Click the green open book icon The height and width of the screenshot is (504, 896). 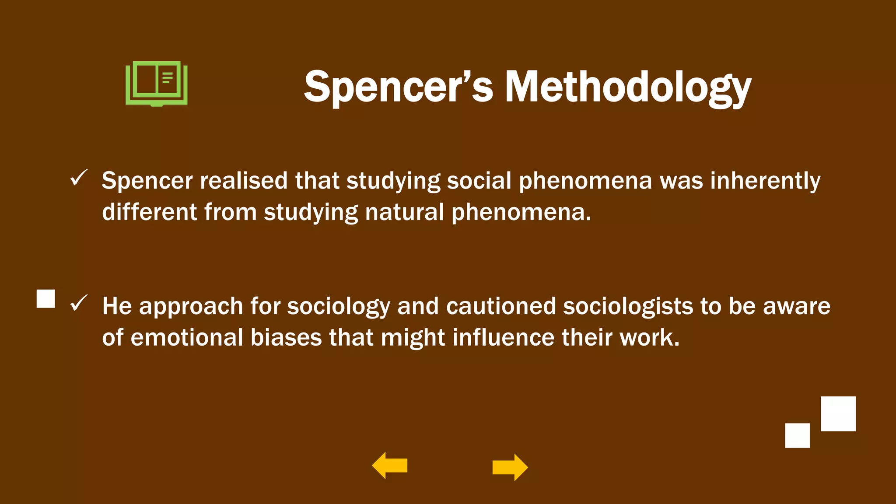(157, 84)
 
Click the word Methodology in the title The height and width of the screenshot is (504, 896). (628, 87)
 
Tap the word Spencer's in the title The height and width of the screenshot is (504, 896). (399, 87)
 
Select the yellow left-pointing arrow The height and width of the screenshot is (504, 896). (389, 465)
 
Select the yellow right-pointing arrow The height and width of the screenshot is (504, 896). (510, 467)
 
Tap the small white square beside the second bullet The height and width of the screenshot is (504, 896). (46, 299)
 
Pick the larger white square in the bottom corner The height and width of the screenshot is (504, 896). (838, 414)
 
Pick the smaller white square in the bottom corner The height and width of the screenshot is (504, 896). (797, 435)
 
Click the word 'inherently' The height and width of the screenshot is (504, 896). (765, 181)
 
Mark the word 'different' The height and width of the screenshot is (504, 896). (149, 212)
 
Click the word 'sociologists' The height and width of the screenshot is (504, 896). (628, 306)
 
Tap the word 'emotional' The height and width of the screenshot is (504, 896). (187, 338)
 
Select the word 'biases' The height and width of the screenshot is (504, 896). (286, 338)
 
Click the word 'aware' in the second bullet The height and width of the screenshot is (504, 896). (796, 306)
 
